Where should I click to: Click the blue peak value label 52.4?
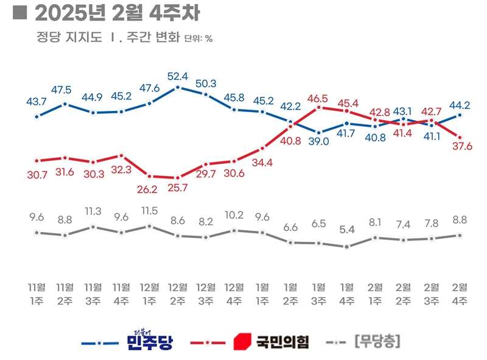177,76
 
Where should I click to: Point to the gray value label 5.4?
347,230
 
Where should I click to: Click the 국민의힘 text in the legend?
282,342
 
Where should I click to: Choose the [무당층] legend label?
376,342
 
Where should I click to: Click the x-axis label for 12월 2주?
177,294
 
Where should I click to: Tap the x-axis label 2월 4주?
460,294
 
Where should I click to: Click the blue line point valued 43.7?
37,116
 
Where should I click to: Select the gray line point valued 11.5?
150,226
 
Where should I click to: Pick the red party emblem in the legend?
242,342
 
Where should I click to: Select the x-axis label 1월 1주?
262,294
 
